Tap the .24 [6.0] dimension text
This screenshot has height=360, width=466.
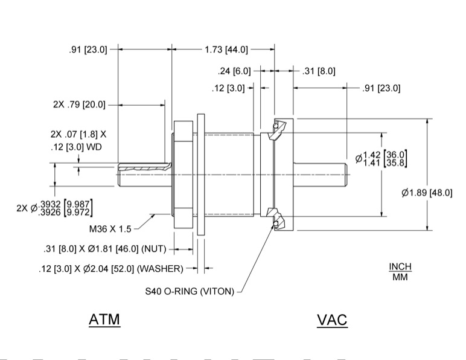click(x=234, y=71)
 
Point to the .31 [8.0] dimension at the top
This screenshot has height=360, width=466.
click(x=318, y=71)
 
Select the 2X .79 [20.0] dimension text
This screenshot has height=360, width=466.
click(x=79, y=104)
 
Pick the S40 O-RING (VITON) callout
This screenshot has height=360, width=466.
click(x=189, y=291)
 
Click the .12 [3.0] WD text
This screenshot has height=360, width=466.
click(x=76, y=147)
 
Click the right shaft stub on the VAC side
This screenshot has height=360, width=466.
click(x=320, y=175)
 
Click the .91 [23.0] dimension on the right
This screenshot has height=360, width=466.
click(x=381, y=88)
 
